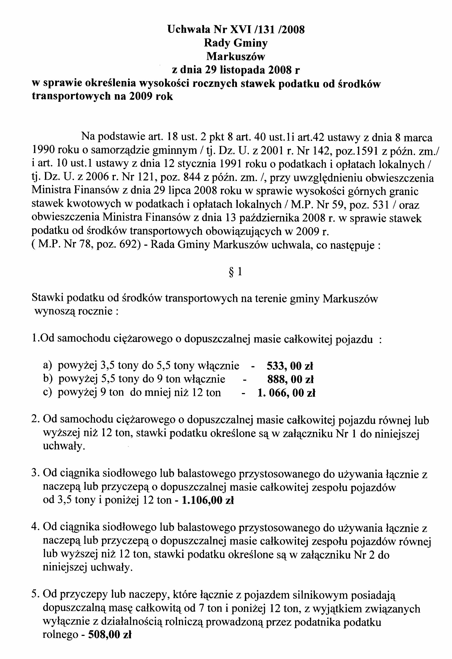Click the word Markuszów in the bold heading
(x=235, y=56)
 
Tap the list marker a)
(x=47, y=366)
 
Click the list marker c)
(x=47, y=393)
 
